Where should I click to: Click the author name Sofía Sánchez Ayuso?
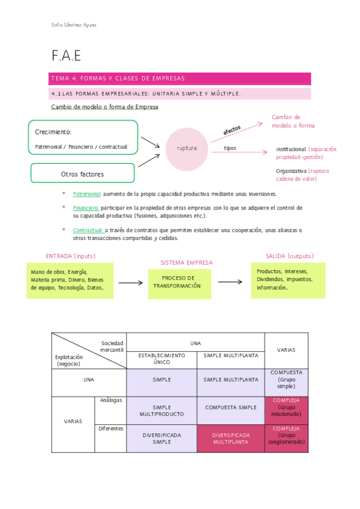point(74,25)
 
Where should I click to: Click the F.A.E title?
point(66,56)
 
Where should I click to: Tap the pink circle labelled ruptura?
point(187,148)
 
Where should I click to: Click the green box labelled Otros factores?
point(82,174)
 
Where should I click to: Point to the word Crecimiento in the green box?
point(53,132)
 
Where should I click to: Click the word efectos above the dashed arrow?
point(232,130)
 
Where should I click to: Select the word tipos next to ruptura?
point(230,148)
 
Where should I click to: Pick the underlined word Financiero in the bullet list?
point(86,208)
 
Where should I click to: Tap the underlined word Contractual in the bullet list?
point(88,230)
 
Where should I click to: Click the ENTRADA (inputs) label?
point(71,256)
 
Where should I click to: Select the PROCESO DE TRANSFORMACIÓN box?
point(180,283)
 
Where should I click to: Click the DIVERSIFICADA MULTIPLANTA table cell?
point(230,438)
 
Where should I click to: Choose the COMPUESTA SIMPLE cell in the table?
point(230,408)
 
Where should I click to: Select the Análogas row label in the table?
point(111,400)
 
